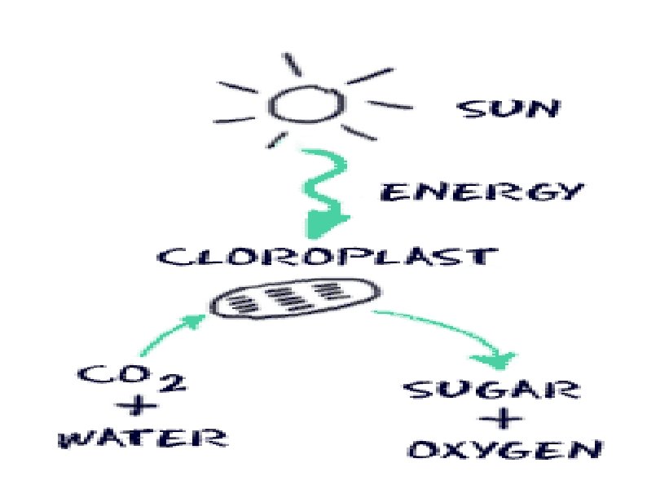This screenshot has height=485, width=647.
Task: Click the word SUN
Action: (508, 109)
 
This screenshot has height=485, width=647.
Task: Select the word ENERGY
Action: (482, 193)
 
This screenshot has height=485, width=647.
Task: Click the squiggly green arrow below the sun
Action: (323, 192)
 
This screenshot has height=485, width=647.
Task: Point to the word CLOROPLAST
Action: (327, 258)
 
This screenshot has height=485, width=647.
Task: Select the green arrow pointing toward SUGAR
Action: (444, 330)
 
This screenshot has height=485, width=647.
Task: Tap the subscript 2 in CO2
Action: (177, 381)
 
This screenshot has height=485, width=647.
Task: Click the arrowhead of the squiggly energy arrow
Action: (326, 221)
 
